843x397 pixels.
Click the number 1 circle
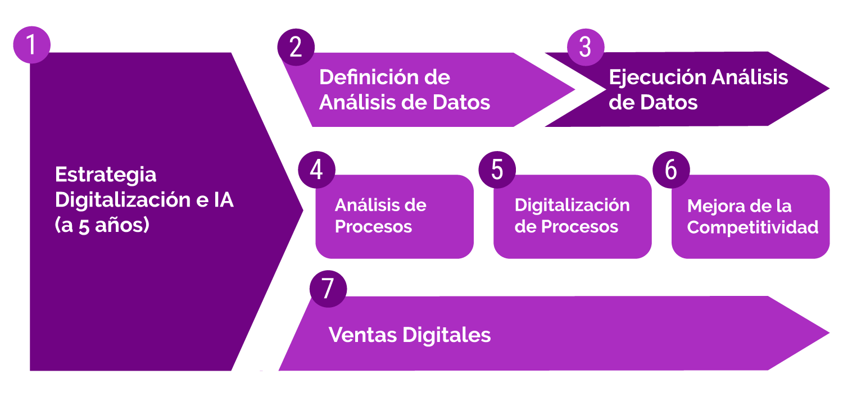(x=31, y=44)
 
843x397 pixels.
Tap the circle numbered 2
(x=296, y=47)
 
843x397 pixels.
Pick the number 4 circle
(x=316, y=170)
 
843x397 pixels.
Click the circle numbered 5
(x=497, y=170)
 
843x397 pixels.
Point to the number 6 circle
(x=671, y=170)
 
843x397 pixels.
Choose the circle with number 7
(x=328, y=289)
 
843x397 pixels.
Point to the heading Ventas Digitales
(x=410, y=335)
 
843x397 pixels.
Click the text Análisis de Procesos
(x=380, y=216)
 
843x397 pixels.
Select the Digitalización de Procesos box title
(x=572, y=216)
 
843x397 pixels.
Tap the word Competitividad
(x=753, y=227)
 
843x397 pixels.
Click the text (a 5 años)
(x=102, y=225)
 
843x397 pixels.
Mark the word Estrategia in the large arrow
(x=106, y=174)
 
